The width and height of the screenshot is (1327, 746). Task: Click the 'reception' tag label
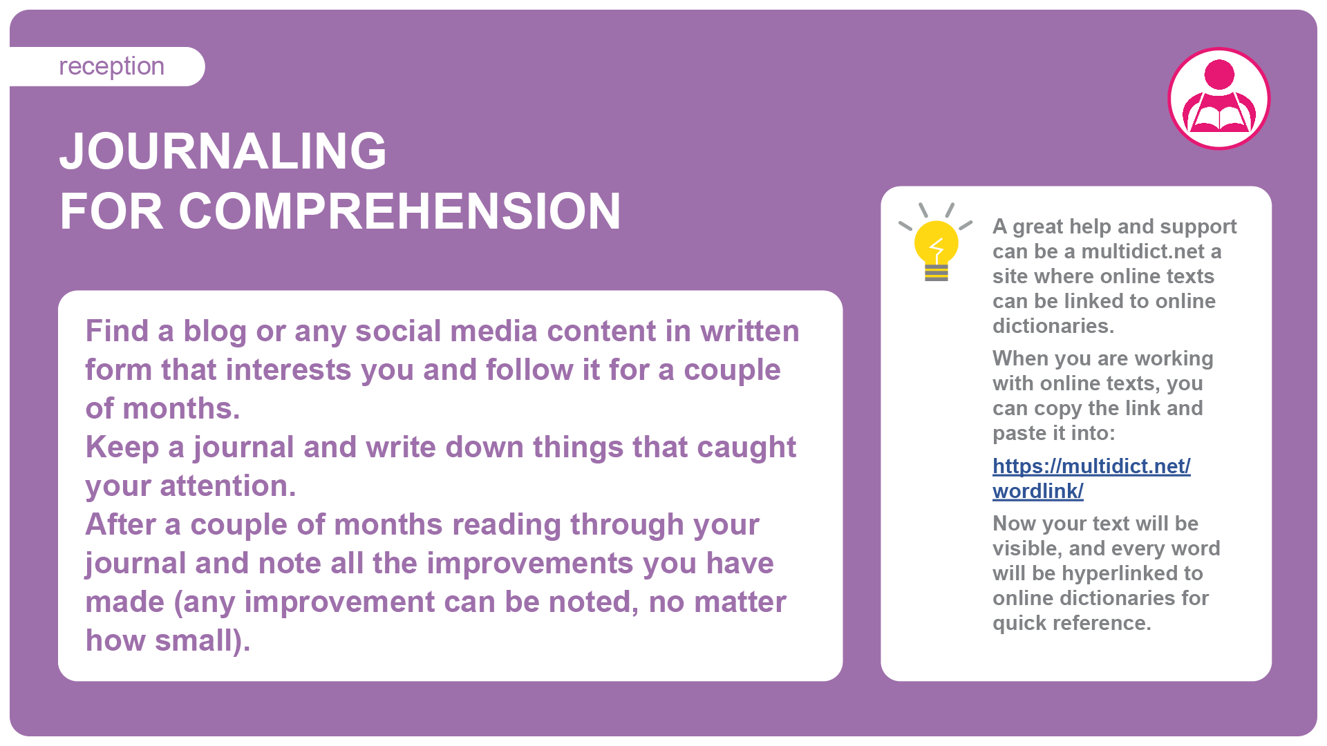point(111,66)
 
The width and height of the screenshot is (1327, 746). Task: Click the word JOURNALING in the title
point(223,151)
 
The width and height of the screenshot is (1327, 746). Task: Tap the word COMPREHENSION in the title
point(399,211)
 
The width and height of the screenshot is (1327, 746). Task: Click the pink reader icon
point(1219,98)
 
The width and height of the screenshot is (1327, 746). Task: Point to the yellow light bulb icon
point(936,242)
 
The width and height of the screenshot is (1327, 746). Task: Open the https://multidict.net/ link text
point(1091,466)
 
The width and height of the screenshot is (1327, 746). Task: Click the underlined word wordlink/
point(1038,491)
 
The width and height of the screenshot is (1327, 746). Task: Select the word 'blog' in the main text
point(214,332)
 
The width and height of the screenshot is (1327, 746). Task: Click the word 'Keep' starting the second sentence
point(122,448)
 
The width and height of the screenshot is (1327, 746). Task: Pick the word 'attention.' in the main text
point(228,486)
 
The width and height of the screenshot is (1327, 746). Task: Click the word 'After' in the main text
point(121,524)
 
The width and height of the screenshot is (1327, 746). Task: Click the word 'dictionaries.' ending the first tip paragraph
point(1053,326)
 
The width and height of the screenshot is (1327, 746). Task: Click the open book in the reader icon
point(1220,117)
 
